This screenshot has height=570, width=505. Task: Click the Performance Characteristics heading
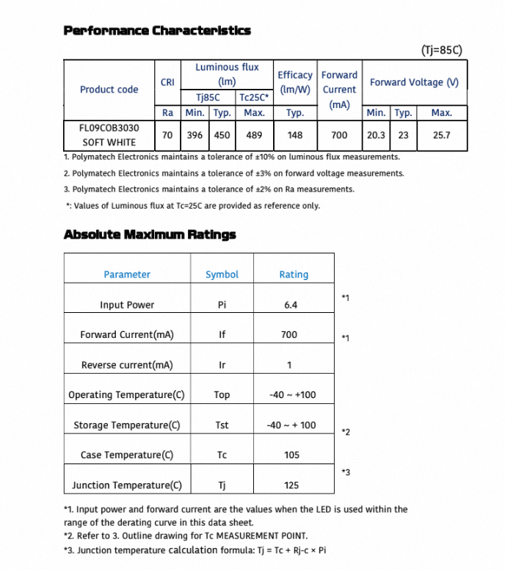pyautogui.click(x=157, y=30)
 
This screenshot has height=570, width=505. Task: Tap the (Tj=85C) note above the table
pyautogui.click(x=442, y=51)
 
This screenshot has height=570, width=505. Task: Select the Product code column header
pyautogui.click(x=109, y=90)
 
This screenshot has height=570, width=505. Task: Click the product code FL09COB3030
pyautogui.click(x=109, y=127)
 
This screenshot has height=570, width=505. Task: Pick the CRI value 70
pyautogui.click(x=167, y=135)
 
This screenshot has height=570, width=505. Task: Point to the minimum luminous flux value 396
pyautogui.click(x=195, y=135)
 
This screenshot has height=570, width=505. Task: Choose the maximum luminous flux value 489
pyautogui.click(x=254, y=135)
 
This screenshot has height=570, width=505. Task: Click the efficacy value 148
pyautogui.click(x=295, y=135)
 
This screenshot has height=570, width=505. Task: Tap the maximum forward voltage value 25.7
pyautogui.click(x=441, y=135)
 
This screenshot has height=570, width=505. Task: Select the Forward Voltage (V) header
pyautogui.click(x=414, y=82)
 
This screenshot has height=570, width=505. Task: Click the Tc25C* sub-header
pyautogui.click(x=252, y=97)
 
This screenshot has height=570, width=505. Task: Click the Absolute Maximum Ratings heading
pyautogui.click(x=150, y=235)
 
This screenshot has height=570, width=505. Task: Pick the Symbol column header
pyautogui.click(x=222, y=275)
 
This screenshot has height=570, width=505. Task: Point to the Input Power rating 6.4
pyautogui.click(x=291, y=305)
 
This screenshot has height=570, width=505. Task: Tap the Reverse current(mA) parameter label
pyautogui.click(x=127, y=365)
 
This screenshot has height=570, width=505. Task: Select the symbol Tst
pyautogui.click(x=222, y=425)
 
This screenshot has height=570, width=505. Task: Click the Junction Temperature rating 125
pyautogui.click(x=291, y=486)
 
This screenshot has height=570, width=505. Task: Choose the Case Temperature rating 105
pyautogui.click(x=291, y=455)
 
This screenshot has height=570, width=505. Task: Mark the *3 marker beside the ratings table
pyautogui.click(x=346, y=472)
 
